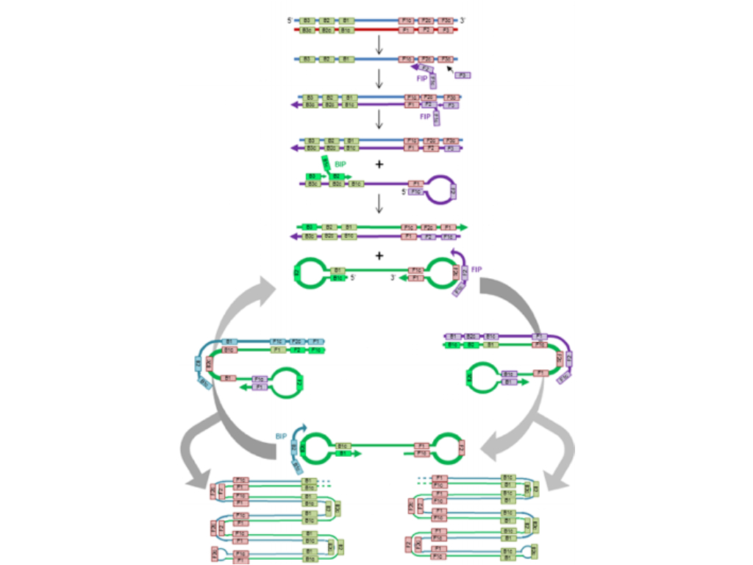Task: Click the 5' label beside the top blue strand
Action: tap(290, 21)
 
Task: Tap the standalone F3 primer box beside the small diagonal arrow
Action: tap(463, 75)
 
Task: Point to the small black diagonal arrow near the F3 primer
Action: tap(450, 68)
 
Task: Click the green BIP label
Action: tap(340, 166)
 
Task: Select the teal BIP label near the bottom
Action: tap(281, 436)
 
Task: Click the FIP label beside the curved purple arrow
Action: tap(477, 269)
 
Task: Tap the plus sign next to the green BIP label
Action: tap(379, 163)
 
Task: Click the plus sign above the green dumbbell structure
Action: tap(379, 256)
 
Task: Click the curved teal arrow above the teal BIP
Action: tap(299, 429)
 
